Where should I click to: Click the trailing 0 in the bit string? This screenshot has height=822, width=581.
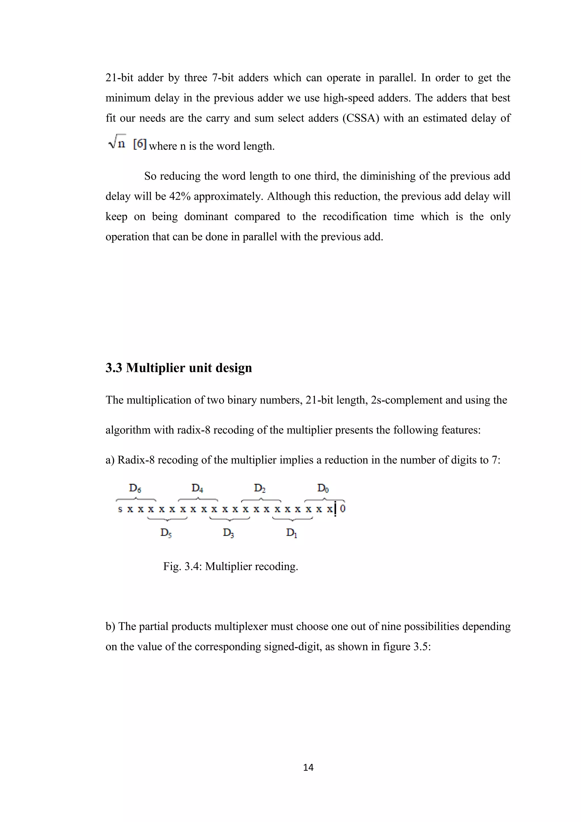tap(343, 509)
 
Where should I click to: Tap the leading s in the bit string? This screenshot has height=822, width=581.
tap(120, 509)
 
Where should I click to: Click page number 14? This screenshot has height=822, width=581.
tap(308, 767)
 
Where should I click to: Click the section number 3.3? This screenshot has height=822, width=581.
tap(113, 368)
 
